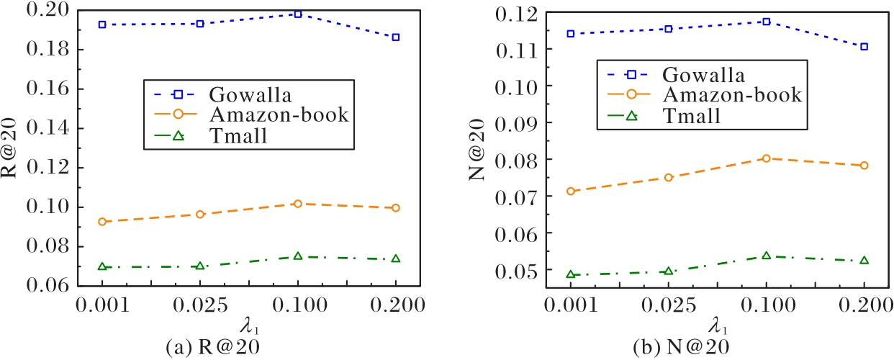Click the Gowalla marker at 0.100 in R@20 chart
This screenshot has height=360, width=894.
pos(297,14)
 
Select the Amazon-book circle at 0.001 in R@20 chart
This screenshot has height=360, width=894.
pos(102,222)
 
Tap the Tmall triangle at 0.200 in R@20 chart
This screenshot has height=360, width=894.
pos(395,258)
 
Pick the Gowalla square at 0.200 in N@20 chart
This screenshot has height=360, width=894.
pos(864,47)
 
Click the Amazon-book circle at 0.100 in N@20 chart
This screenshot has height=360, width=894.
pos(767,158)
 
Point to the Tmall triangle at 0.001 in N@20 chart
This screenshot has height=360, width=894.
pos(571,274)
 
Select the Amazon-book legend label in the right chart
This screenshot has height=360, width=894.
pos(732,94)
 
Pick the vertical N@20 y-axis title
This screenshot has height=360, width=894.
pos(481,149)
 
